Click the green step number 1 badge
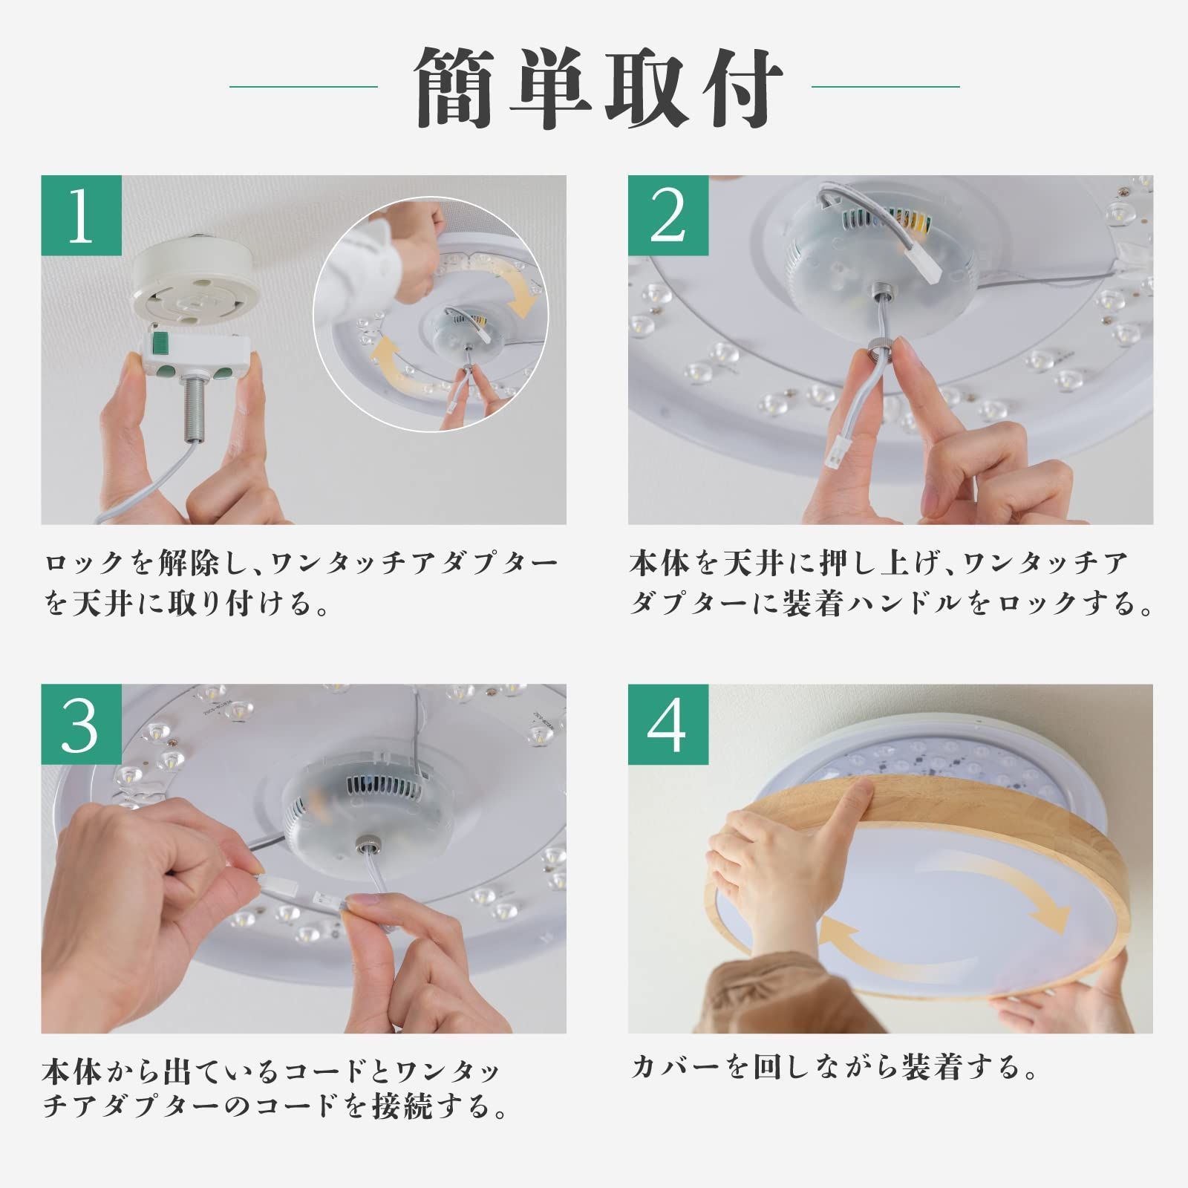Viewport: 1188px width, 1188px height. coord(81,216)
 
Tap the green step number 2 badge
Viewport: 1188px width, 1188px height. coord(668,216)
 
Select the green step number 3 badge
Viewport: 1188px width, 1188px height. coord(81,725)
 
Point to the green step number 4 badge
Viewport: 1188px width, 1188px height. coord(668,725)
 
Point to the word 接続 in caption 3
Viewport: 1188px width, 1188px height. coord(396,1108)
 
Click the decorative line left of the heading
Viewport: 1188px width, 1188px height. coord(304,87)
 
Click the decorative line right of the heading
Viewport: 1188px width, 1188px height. coord(886,87)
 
